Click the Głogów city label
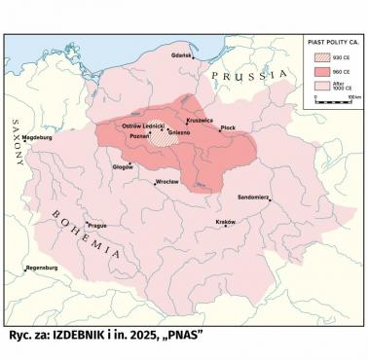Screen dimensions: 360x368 tap(123, 166)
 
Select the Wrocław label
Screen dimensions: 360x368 tap(167, 182)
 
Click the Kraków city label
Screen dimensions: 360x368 tap(226, 222)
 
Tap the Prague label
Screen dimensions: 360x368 tap(94, 226)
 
